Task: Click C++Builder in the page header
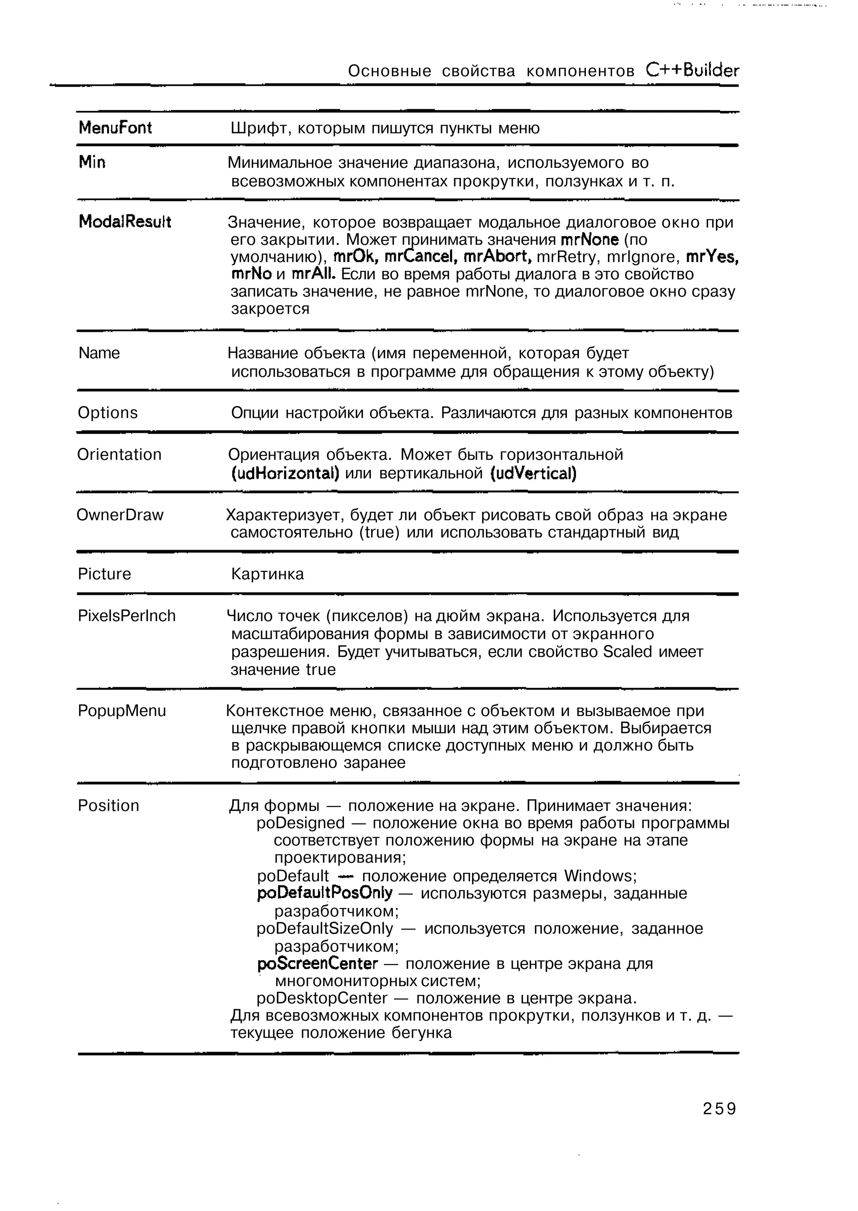click(x=693, y=70)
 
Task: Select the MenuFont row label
click(x=115, y=128)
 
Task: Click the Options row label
click(x=107, y=412)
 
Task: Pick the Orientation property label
click(x=119, y=455)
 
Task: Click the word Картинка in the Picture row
click(x=267, y=574)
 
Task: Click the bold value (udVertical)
click(x=533, y=473)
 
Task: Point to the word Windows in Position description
click(x=597, y=876)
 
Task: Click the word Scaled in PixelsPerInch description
click(x=627, y=651)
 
